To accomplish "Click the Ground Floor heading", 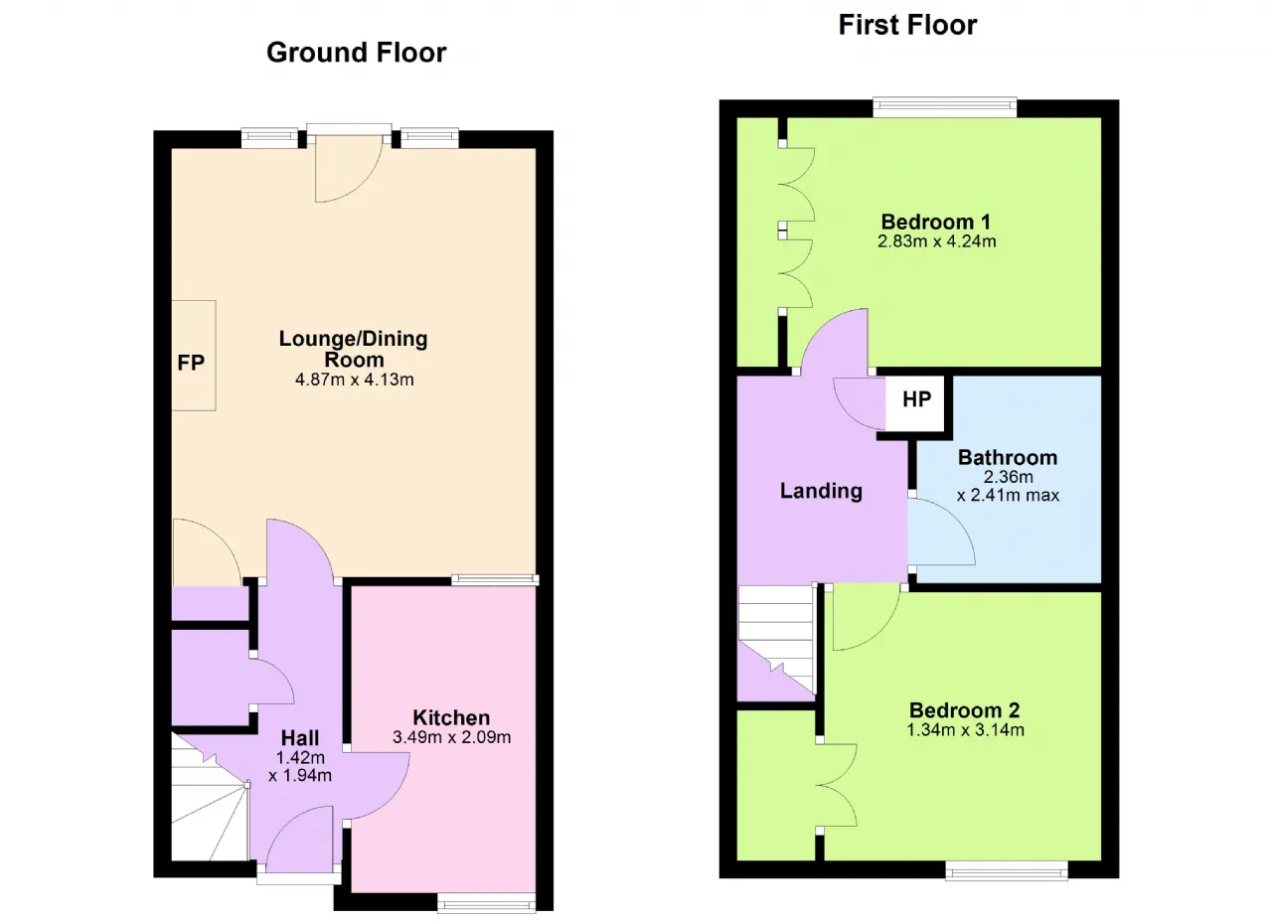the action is [356, 53].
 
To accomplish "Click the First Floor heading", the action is [907, 26].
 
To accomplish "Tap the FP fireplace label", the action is [191, 363].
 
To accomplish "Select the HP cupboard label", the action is [916, 399].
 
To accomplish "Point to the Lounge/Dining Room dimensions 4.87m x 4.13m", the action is [355, 380].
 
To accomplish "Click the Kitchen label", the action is [451, 718].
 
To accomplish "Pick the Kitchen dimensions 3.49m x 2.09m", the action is [451, 737].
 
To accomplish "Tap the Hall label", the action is [300, 738].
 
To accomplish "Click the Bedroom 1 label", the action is [936, 222].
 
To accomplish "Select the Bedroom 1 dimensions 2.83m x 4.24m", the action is [936, 241].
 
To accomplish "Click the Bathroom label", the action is [1008, 457].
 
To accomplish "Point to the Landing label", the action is [821, 491].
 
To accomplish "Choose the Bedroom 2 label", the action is [965, 710].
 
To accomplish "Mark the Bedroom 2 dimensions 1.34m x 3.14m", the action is [965, 730].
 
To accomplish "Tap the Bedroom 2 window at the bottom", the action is [1007, 870].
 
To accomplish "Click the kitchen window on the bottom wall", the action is [486, 902].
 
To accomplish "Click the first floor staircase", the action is [777, 640].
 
